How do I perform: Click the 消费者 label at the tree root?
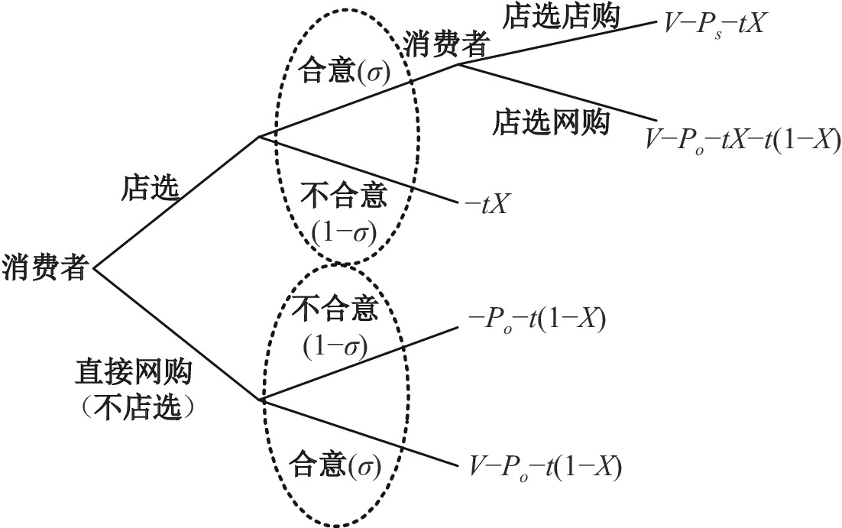[44, 268]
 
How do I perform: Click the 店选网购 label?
[551, 121]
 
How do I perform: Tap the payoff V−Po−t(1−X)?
[542, 465]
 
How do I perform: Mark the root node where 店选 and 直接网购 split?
[94, 268]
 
